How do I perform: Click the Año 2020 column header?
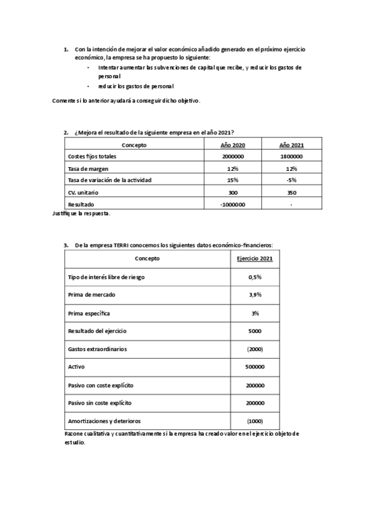(233, 145)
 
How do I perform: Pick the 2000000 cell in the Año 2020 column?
(233, 157)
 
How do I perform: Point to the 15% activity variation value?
(233, 180)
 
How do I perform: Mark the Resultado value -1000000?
(233, 204)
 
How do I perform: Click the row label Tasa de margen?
(84, 168)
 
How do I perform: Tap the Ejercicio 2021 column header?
(255, 259)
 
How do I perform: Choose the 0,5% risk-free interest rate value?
(255, 277)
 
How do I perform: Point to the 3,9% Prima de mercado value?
(255, 295)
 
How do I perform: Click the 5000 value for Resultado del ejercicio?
(255, 331)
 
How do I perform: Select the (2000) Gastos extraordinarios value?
(255, 349)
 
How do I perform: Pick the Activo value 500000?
(255, 367)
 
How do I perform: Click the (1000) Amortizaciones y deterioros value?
(255, 421)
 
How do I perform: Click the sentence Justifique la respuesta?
(81, 213)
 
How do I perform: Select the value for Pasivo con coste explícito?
(255, 385)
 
